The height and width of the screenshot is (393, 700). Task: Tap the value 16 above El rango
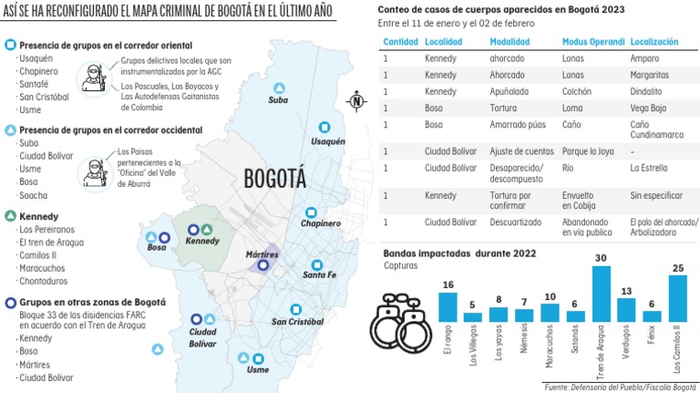pyautogui.click(x=448, y=285)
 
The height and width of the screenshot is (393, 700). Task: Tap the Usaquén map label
pyautogui.click(x=327, y=142)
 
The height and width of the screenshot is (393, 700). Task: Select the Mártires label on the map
pyautogui.click(x=262, y=253)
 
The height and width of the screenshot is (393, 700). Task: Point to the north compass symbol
pyautogui.click(x=356, y=101)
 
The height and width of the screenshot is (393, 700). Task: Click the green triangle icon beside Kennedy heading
pyautogui.click(x=9, y=216)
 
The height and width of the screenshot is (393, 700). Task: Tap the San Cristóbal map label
pyautogui.click(x=297, y=322)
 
